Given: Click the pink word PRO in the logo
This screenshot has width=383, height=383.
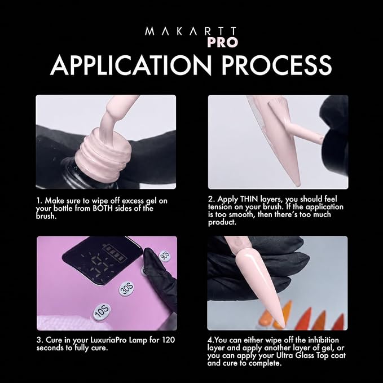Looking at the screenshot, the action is pyautogui.click(x=222, y=42).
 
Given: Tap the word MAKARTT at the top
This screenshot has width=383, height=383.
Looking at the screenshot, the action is pyautogui.click(x=191, y=32).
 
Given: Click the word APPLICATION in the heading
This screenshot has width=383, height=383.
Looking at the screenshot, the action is pyautogui.click(x=130, y=65).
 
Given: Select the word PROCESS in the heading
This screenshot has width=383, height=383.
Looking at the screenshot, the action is pyautogui.click(x=277, y=65).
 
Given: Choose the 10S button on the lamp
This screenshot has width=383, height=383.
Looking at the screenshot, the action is pyautogui.click(x=102, y=312).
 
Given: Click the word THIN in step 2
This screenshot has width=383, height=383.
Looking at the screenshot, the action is pyautogui.click(x=249, y=199).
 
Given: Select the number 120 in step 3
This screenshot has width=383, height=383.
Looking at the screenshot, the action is pyautogui.click(x=169, y=340).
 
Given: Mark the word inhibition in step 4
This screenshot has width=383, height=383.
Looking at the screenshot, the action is pyautogui.click(x=323, y=340).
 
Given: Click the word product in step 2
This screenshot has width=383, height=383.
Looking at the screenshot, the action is pyautogui.click(x=222, y=222).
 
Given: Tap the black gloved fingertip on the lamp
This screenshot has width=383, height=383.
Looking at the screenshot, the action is pyautogui.click(x=148, y=254).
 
